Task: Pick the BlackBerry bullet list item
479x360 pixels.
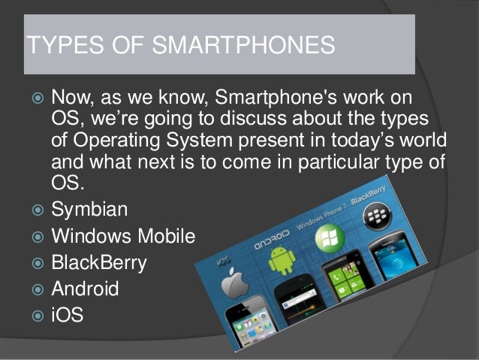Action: click(x=99, y=262)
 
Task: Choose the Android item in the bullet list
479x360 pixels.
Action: click(x=85, y=288)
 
